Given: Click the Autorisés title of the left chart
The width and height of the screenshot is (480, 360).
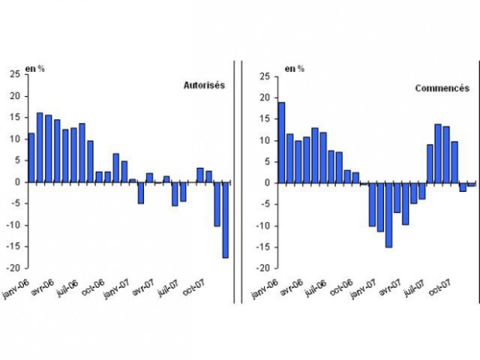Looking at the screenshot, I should point(204,85).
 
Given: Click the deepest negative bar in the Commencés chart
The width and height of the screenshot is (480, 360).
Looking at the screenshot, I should point(389,215).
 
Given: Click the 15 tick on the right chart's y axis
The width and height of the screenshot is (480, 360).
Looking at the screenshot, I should point(265,119).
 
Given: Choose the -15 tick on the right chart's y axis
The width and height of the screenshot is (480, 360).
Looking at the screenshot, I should point(263,247).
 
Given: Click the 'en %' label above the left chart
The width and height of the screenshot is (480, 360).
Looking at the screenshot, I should point(36,68).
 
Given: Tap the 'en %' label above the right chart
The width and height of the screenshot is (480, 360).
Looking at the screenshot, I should point(294,69).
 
